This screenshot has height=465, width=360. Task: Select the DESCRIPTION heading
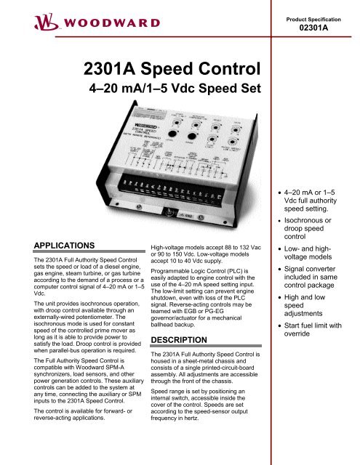point(176,339)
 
